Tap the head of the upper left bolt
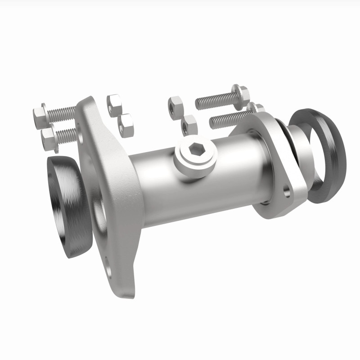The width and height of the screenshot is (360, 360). click(39, 116)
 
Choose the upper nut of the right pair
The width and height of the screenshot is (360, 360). click(175, 105)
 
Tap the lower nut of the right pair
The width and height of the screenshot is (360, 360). click(189, 125)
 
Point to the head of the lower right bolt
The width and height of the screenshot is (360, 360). click(256, 108)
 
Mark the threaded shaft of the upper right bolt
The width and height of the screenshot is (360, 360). click(214, 101)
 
